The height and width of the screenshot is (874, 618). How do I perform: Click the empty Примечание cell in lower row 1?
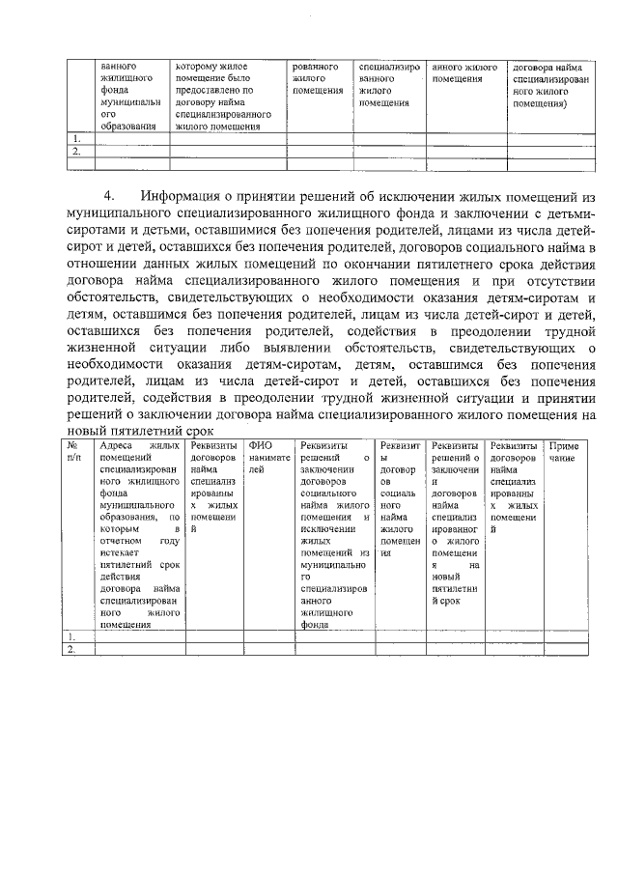(x=565, y=636)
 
